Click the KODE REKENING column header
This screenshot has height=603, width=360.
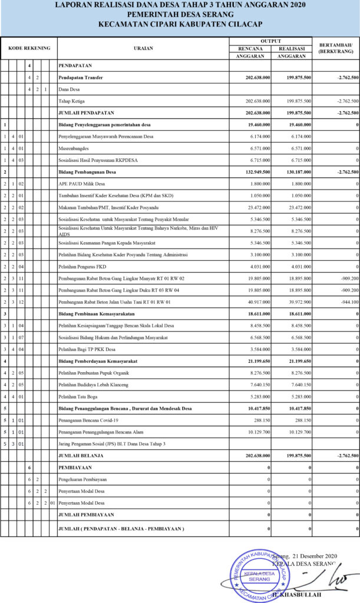[x=29, y=48]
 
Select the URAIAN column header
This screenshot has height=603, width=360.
[x=143, y=48]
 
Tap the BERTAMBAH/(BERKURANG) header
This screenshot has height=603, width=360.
[x=335, y=48]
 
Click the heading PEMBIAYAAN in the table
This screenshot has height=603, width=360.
[x=75, y=467]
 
